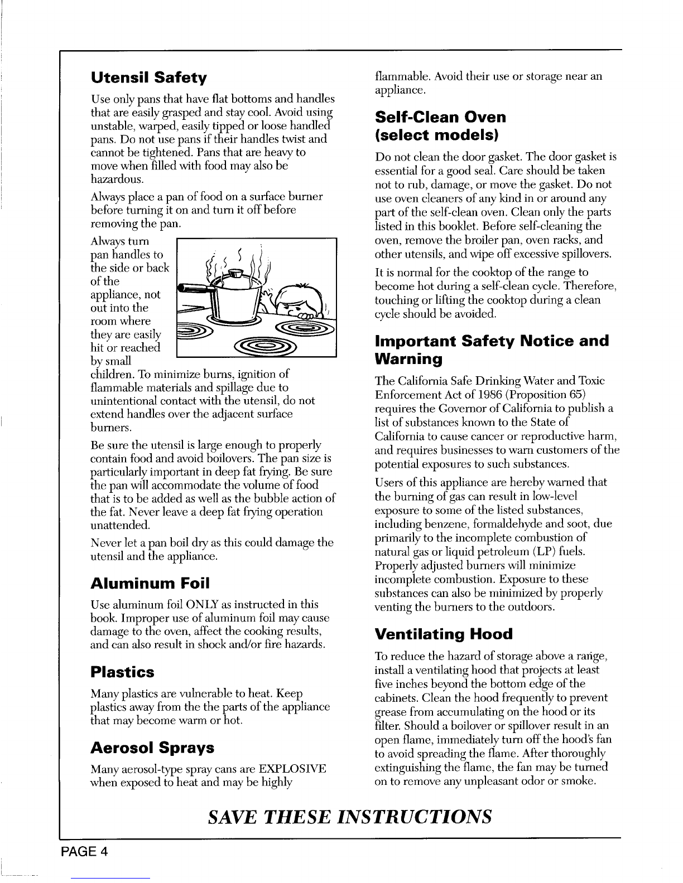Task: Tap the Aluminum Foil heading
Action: pos(150,584)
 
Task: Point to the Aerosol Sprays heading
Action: pos(152,747)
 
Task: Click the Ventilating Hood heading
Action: pos(444,634)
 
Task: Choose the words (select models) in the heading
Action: pos(436,135)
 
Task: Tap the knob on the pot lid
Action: pos(237,273)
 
